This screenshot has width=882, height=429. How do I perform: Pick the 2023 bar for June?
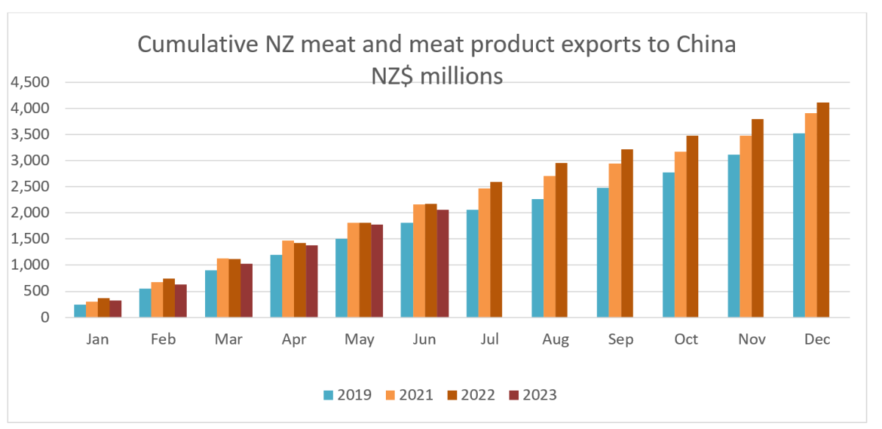[442, 264]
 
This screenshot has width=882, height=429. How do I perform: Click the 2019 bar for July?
[473, 264]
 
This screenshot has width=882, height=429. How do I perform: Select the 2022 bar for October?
[692, 227]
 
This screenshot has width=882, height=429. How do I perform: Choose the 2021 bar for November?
[746, 227]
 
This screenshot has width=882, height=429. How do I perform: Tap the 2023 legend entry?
[534, 395]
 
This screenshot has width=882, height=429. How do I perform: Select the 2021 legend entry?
[407, 395]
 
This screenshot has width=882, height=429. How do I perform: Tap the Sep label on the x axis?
[620, 339]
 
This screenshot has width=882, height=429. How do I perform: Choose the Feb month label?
[163, 339]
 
